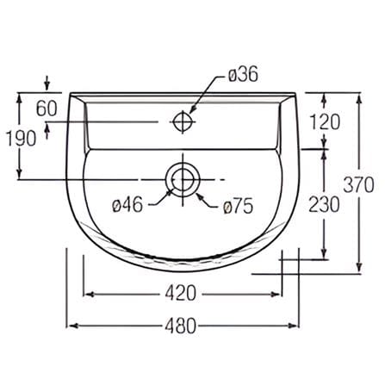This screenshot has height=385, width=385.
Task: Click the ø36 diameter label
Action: click(243, 75)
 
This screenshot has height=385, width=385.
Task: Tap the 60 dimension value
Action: click(47, 109)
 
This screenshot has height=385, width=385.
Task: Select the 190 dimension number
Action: click(21, 139)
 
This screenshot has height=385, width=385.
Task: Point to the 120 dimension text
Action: click(325, 122)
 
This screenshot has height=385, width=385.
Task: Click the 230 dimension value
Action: click(324, 204)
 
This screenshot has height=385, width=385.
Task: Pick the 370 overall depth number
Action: click(358, 185)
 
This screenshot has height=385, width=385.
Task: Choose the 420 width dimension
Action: click(181, 294)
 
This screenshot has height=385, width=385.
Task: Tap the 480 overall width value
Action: click(181, 326)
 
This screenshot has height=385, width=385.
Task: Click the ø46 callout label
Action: click(127, 205)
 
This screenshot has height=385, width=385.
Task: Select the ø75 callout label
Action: click(238, 206)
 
